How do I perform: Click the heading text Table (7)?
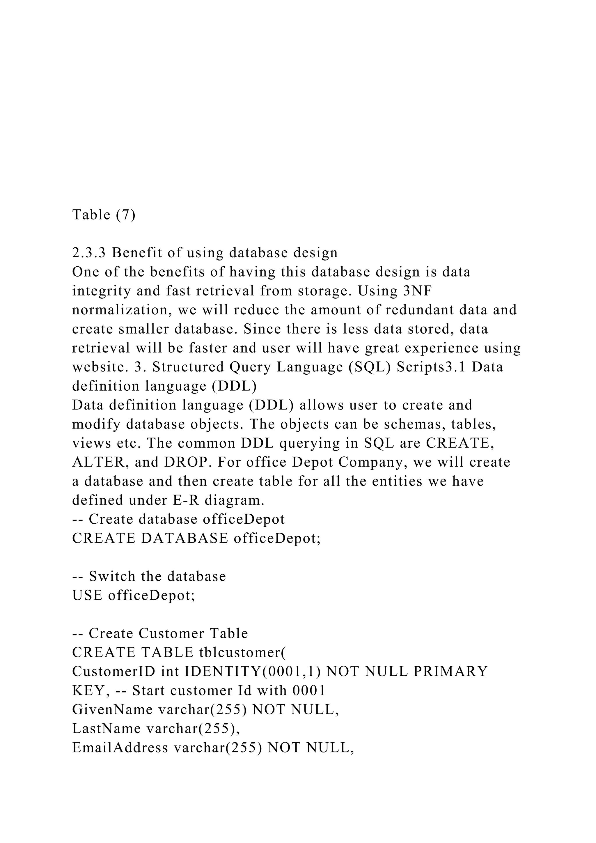click(x=104, y=215)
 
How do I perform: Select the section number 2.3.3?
click(x=88, y=253)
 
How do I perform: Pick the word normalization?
click(x=120, y=310)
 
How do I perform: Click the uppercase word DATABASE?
click(x=185, y=538)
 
